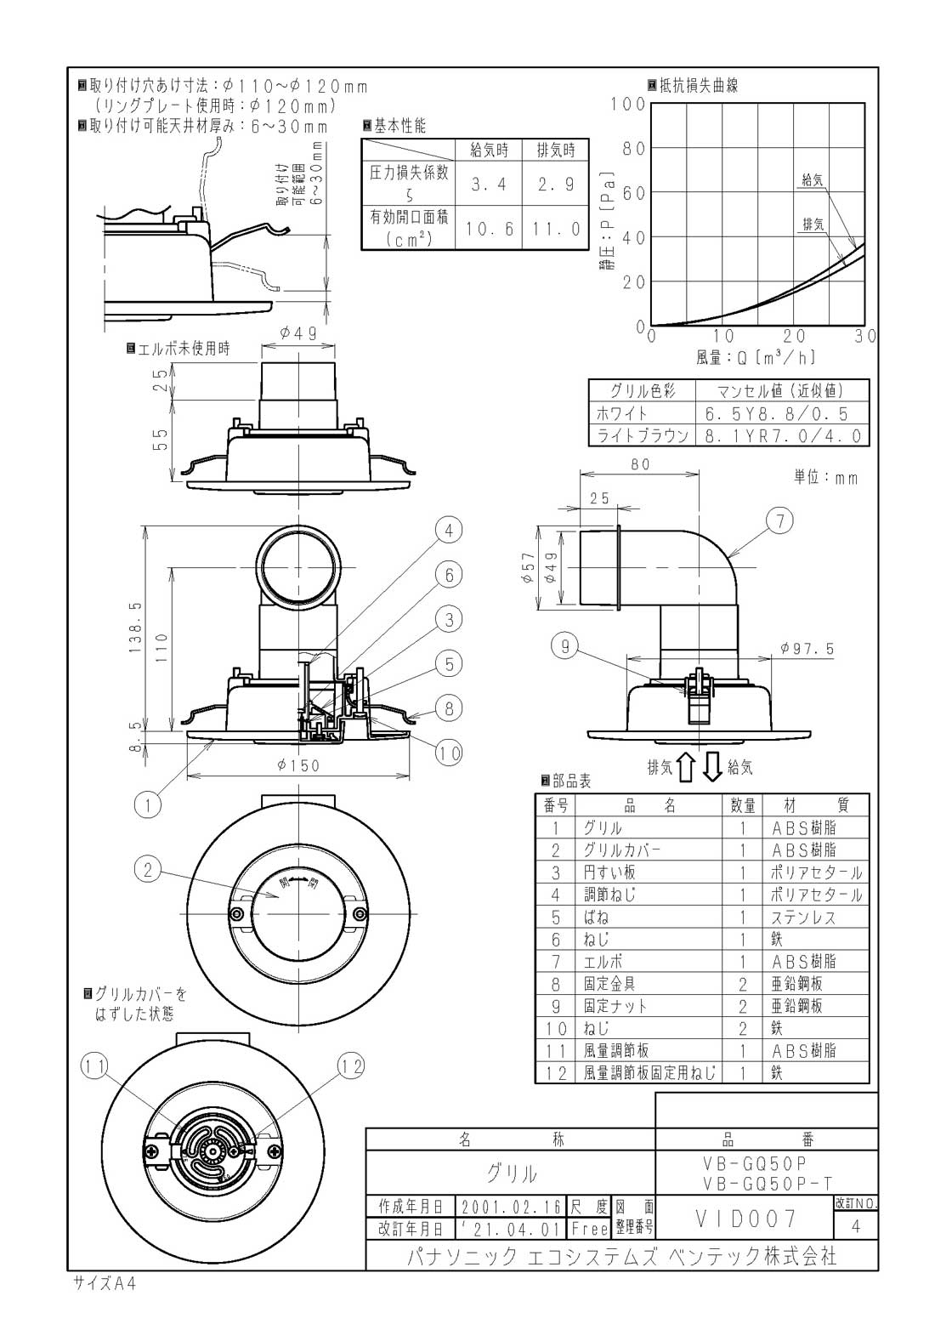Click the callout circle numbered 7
pyautogui.click(x=780, y=520)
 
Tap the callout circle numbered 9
pyautogui.click(x=565, y=646)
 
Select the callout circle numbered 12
pyautogui.click(x=350, y=1066)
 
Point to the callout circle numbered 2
pyautogui.click(x=148, y=869)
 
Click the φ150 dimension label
pyautogui.click(x=298, y=765)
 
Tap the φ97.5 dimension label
pyautogui.click(x=807, y=649)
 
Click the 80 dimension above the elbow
pyautogui.click(x=640, y=464)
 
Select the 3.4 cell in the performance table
pyautogui.click(x=489, y=185)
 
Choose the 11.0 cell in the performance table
pyautogui.click(x=556, y=229)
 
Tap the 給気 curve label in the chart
pyautogui.click(x=813, y=179)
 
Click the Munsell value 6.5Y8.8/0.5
pyautogui.click(x=776, y=414)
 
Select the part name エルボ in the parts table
pyautogui.click(x=603, y=962)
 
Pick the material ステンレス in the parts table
pyautogui.click(x=802, y=918)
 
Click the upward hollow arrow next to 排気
pyautogui.click(x=685, y=768)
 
